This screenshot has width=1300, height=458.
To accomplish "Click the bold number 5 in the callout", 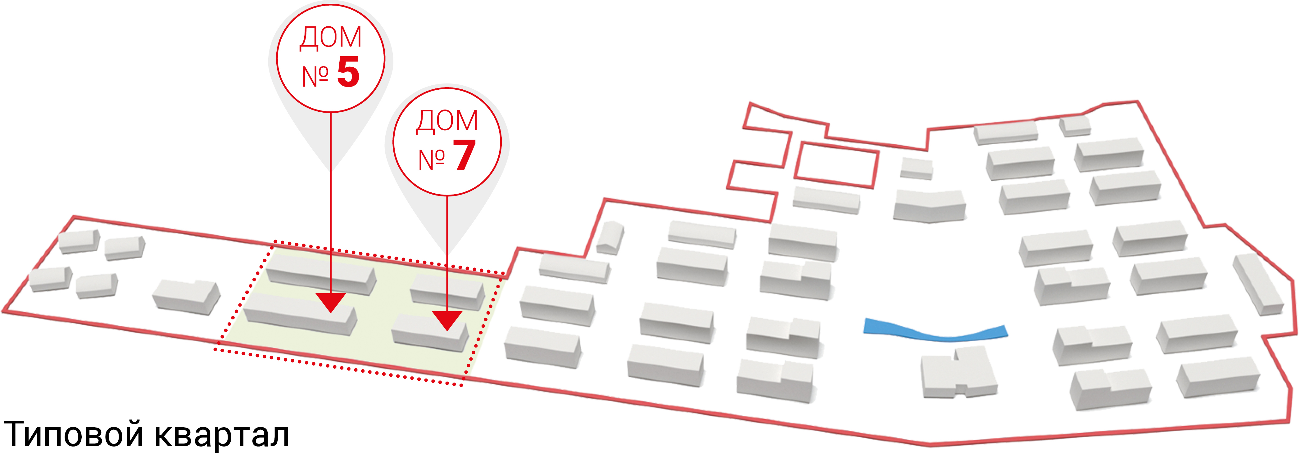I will click(x=348, y=72).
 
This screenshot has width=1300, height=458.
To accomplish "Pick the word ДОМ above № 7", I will click(x=446, y=121).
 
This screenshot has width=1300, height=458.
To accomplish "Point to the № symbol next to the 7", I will click(x=432, y=160).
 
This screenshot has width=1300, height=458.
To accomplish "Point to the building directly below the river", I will click(x=956, y=373).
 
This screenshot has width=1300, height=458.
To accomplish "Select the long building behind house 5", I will click(x=320, y=274).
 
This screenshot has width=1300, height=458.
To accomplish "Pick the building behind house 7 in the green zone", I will click(x=446, y=292).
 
